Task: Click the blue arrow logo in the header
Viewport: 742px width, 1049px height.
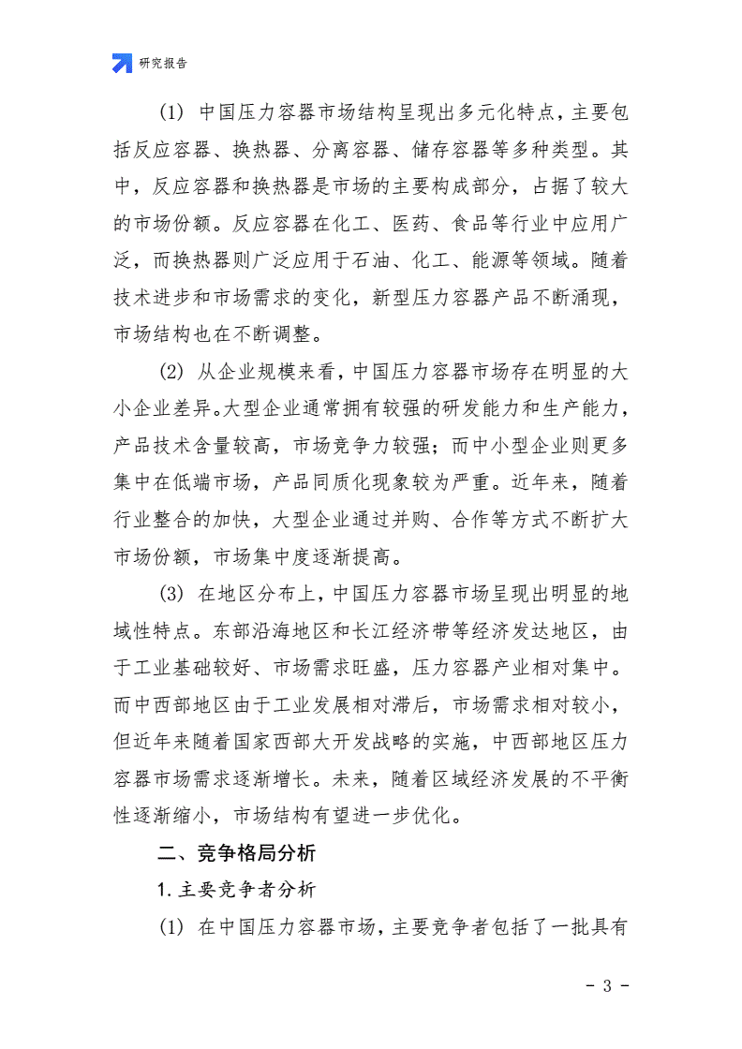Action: tap(122, 64)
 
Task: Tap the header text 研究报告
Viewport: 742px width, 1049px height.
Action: tap(163, 64)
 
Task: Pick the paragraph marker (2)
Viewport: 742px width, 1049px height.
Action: tap(171, 371)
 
